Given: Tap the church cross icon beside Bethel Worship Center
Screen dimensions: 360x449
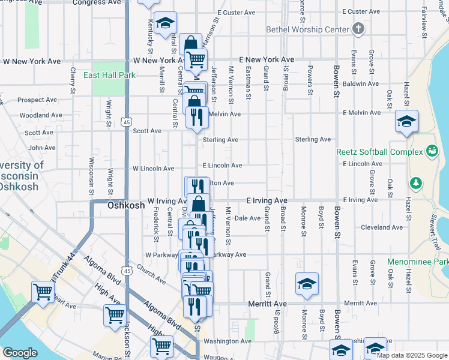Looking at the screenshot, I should point(358,28).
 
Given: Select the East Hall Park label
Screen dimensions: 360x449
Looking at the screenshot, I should point(110,75).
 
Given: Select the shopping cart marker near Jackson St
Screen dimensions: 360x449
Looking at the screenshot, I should point(115,314).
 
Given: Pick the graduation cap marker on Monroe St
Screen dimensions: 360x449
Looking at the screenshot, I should point(307,284).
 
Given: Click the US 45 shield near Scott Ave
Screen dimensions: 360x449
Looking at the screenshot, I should point(127,122).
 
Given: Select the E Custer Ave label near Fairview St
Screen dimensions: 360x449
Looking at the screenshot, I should point(361,11).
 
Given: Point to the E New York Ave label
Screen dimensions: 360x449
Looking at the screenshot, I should point(267,59).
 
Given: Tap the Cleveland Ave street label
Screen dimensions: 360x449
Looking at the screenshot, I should point(382,227).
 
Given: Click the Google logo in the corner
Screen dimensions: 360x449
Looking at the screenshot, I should point(20,353).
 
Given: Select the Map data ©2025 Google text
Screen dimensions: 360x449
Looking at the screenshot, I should point(412,355).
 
